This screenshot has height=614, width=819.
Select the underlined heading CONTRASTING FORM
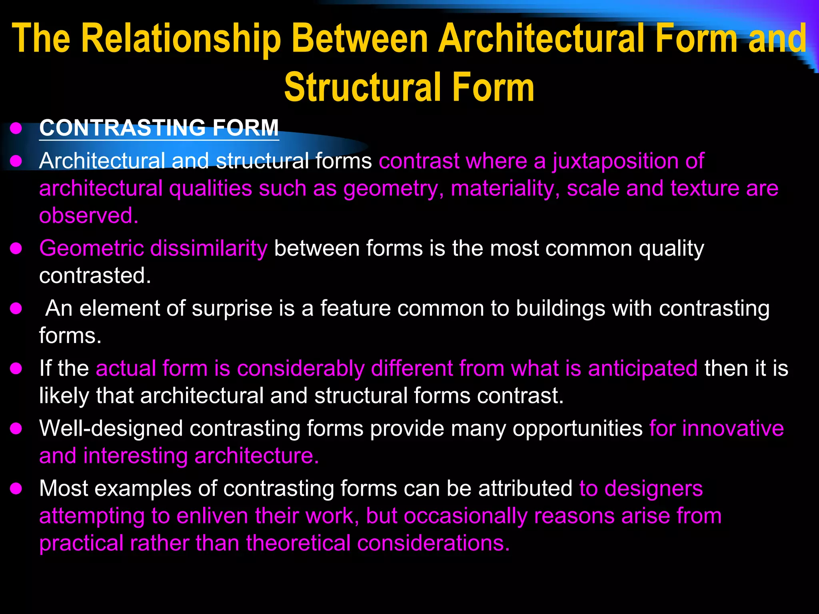pos(159,128)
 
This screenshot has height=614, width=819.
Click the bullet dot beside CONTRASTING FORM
pos(16,129)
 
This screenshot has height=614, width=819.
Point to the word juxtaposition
pos(615,161)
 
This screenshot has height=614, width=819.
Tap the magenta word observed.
pos(88,215)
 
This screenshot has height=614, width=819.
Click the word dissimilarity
pos(209,248)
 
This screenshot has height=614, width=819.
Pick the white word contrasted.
pos(95,275)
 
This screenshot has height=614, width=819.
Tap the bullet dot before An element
pos(16,309)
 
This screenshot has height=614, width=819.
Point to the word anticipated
pos(643,368)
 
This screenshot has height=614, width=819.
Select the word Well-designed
pos(111,429)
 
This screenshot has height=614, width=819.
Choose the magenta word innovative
pos(733,429)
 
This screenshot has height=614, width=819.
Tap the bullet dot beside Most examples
pos(16,489)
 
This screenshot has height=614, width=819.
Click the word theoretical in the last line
pos(298,543)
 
